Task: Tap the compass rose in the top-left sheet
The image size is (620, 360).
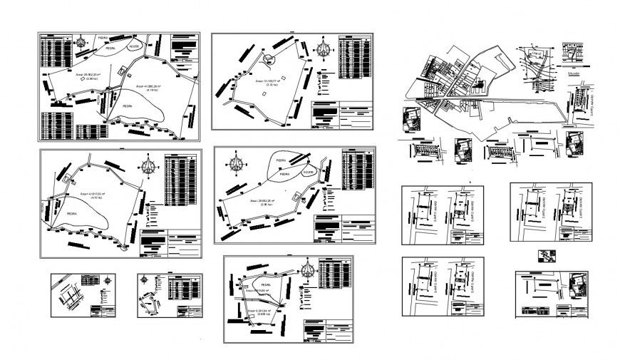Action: [83, 41]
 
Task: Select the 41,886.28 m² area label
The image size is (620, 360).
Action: [141, 87]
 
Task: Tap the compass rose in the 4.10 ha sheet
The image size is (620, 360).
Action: [149, 168]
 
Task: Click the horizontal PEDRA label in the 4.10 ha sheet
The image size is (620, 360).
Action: [71, 212]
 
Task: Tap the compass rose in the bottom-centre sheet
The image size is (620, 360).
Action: [308, 269]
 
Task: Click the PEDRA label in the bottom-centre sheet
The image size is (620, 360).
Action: [254, 284]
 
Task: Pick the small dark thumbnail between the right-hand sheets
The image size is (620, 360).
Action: [547, 256]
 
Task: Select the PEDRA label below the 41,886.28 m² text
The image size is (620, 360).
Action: [126, 104]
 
